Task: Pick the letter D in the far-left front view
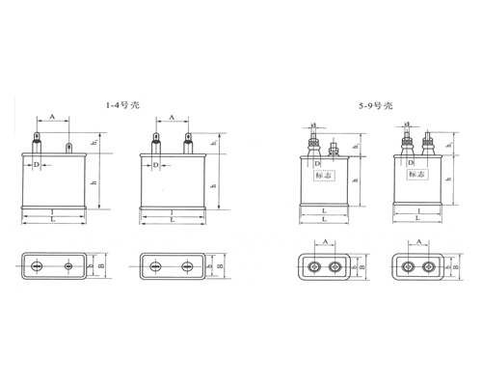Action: [37, 165]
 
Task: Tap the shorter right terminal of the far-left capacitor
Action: [67, 148]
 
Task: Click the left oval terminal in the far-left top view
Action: [38, 265]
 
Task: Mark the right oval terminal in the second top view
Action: [187, 265]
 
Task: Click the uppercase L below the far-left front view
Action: [53, 220]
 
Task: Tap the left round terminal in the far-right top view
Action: [408, 266]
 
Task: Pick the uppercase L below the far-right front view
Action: [417, 220]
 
